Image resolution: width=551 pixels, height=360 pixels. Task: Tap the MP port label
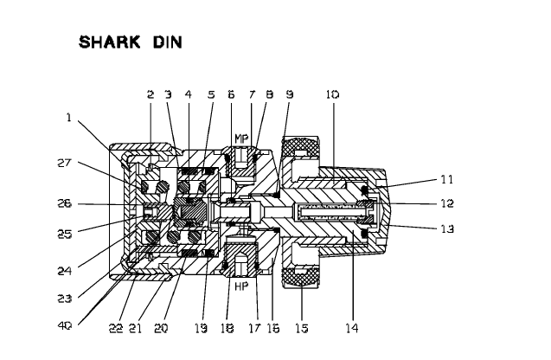(242, 138)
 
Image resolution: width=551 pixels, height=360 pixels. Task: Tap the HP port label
(242, 284)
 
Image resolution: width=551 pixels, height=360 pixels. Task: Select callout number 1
(68, 118)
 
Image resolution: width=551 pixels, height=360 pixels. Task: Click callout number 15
(300, 328)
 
